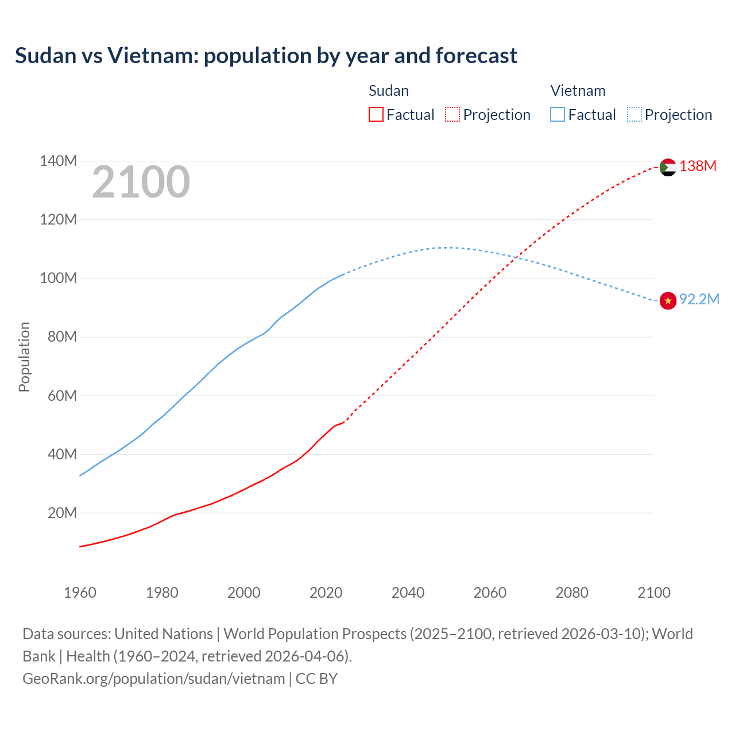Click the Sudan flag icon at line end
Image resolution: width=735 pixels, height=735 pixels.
pos(668,167)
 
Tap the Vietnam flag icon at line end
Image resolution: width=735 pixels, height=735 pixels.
pos(668,300)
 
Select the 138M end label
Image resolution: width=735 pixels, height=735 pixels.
pos(698,167)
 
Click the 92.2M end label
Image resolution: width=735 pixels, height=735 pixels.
pos(699,300)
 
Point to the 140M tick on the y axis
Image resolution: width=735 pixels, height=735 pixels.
pos(58,161)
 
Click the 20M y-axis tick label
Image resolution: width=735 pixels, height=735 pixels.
pos(61,513)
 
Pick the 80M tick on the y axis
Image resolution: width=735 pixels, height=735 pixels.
pos(61,336)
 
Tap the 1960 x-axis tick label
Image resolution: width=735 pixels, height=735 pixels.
pos(80,593)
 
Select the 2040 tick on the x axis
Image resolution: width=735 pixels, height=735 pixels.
pos(408,593)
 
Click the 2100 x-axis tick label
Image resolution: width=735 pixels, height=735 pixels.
pos(653,593)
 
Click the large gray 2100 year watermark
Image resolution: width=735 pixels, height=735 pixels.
pos(141,182)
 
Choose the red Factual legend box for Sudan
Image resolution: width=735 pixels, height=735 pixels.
pos(376,115)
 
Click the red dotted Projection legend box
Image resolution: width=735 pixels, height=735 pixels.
pos(452,115)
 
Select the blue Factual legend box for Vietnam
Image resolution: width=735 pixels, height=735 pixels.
pos(558,115)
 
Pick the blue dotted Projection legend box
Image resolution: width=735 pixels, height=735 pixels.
pos(635,115)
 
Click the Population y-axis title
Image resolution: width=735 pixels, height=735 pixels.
pos(24,357)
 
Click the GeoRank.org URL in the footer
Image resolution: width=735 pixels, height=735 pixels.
pos(153,679)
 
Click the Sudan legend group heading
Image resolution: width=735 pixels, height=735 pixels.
pos(389,91)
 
